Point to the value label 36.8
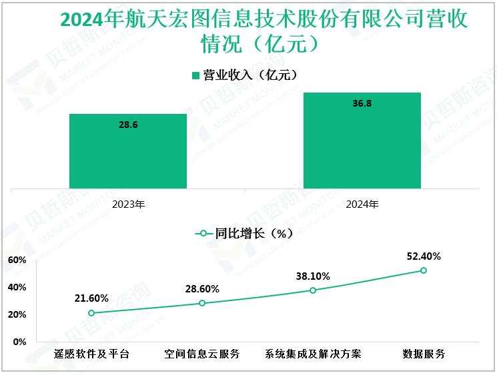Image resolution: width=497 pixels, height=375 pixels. [x=362, y=103]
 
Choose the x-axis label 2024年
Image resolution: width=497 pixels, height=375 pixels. [x=362, y=204]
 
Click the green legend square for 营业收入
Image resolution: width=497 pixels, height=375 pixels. [x=196, y=75]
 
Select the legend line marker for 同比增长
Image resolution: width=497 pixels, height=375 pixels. [x=203, y=234]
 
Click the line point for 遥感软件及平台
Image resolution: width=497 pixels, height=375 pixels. [x=91, y=313]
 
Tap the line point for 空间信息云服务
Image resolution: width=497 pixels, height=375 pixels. [x=202, y=303]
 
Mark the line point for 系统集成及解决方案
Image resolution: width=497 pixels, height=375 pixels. [x=313, y=290]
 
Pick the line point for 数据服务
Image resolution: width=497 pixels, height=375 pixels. [x=424, y=270]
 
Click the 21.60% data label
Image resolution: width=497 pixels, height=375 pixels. [x=91, y=298]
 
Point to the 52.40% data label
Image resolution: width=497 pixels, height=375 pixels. [x=424, y=256]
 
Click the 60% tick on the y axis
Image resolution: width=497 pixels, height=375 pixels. [x=17, y=260]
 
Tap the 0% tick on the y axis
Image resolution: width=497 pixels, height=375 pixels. [x=19, y=342]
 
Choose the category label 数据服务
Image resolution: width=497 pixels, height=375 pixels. [x=424, y=354]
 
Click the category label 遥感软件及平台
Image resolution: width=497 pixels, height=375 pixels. [x=91, y=354]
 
